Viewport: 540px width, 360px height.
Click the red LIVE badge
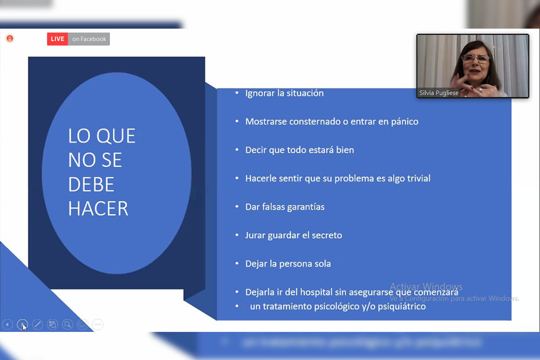pyautogui.click(x=57, y=39)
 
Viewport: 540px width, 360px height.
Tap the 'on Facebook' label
pyautogui.click(x=89, y=39)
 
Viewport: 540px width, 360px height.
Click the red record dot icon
pyautogui.click(x=10, y=38)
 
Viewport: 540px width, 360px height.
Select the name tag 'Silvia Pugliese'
pyautogui.click(x=439, y=93)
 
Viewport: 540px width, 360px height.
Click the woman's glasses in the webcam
pyautogui.click(x=475, y=58)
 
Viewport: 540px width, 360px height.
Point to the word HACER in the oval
pyautogui.click(x=98, y=208)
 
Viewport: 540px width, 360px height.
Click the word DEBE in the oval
pyautogui.click(x=91, y=184)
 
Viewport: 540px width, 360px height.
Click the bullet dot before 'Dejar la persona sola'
pyautogui.click(x=237, y=263)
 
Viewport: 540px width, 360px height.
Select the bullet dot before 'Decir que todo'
pyautogui.click(x=237, y=150)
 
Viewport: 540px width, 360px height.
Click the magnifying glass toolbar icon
pyautogui.click(x=67, y=324)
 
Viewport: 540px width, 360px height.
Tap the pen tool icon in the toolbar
pyautogui.click(x=38, y=324)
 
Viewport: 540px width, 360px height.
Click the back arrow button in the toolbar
pyautogui.click(x=8, y=324)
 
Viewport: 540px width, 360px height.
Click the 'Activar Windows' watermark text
pyautogui.click(x=426, y=287)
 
